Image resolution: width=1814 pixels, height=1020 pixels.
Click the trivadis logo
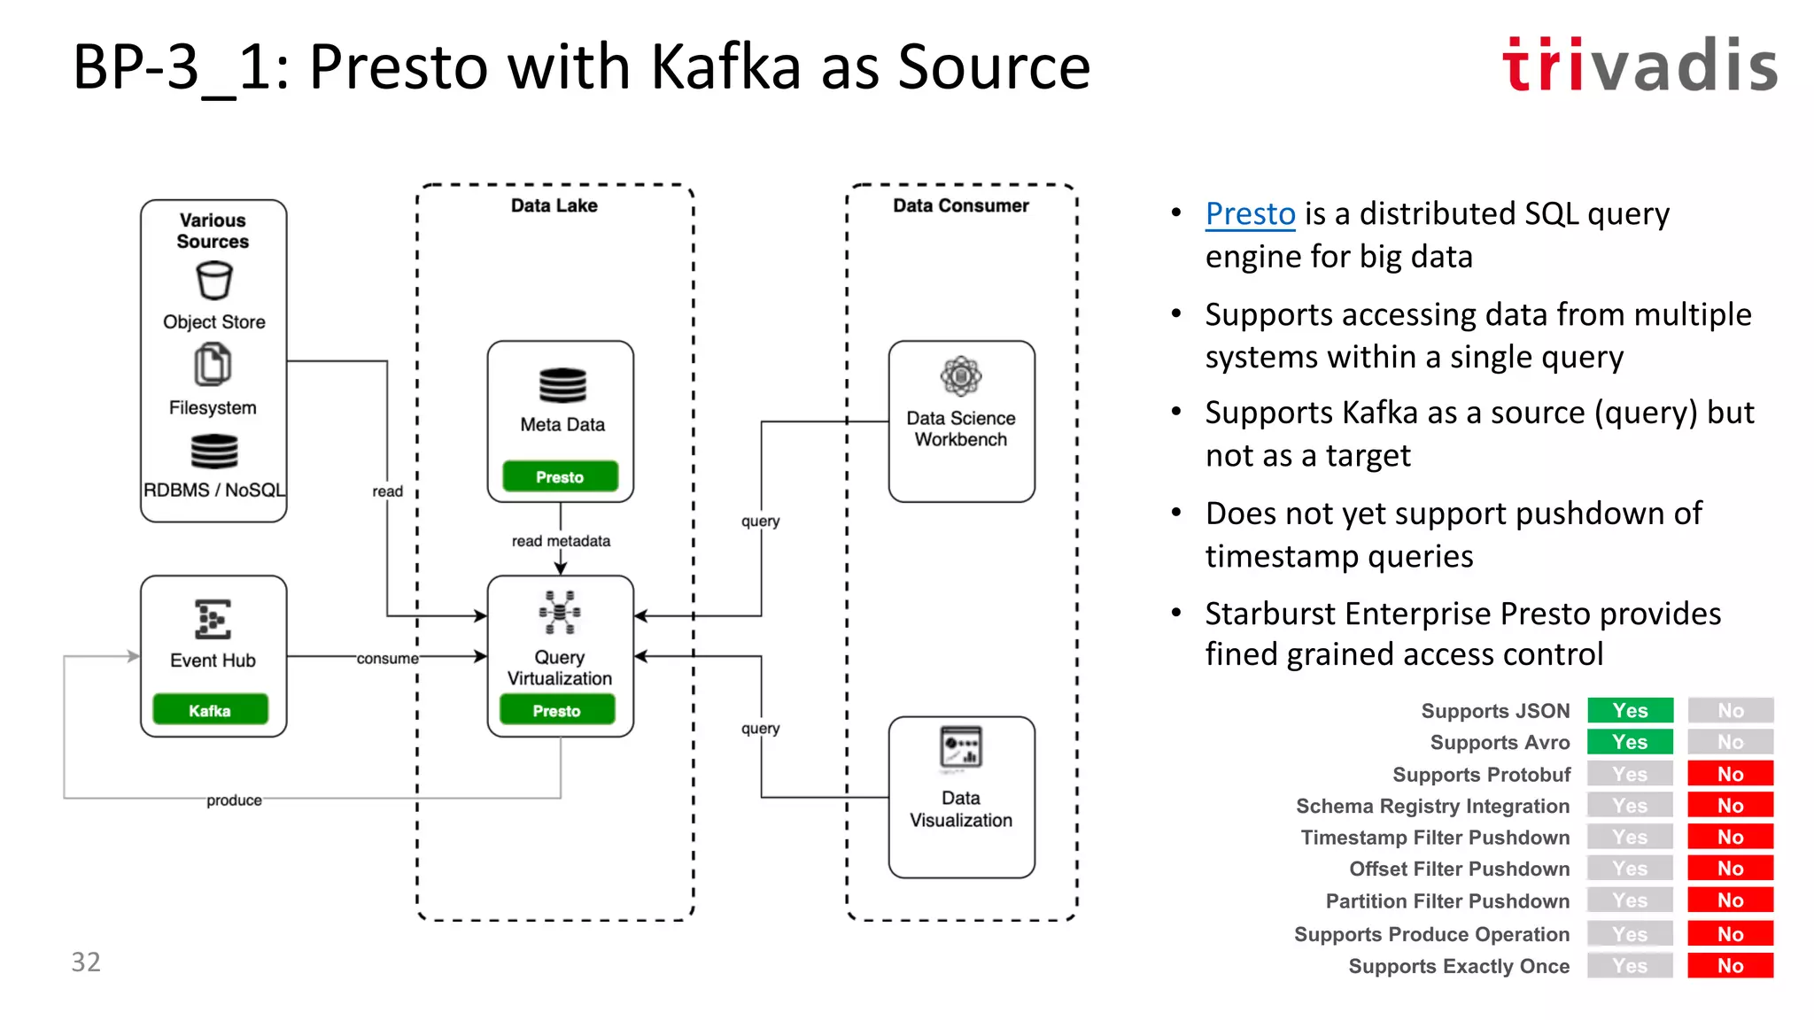1640,66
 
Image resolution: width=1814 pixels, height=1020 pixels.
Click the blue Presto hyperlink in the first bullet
1250,214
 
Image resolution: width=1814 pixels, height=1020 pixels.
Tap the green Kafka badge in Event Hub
210,710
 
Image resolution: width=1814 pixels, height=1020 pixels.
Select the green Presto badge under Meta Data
560,476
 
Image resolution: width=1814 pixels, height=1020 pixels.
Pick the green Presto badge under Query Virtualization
557,710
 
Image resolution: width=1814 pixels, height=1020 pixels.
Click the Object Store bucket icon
213,282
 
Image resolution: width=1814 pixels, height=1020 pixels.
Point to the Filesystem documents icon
213,365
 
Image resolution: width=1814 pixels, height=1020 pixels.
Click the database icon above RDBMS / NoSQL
213,451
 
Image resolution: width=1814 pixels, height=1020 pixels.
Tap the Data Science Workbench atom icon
961,376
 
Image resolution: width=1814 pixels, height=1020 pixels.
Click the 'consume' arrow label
387,658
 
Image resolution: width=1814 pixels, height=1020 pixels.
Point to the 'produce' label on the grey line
234,800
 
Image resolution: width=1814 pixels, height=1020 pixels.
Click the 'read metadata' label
561,540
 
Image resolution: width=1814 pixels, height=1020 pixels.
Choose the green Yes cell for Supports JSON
1630,710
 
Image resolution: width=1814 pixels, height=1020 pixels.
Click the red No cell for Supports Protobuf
1730,774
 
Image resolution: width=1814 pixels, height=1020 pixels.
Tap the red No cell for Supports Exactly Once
1730,965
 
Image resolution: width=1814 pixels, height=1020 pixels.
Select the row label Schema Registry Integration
1432,806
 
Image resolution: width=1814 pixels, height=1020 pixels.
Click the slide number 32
86,962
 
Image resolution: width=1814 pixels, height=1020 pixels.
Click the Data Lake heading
554,205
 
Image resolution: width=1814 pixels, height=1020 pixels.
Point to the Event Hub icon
213,619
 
